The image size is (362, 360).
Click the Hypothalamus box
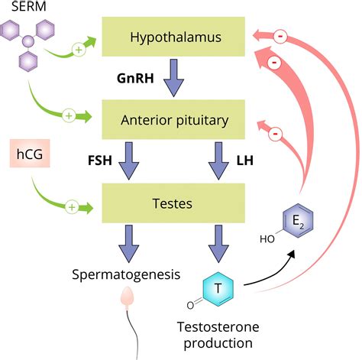click(x=173, y=37)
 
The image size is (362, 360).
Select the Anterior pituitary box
click(x=173, y=119)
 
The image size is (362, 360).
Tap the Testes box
click(x=173, y=203)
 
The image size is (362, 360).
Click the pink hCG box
click(x=30, y=154)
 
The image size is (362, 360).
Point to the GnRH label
click(x=135, y=78)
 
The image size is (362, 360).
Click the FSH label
click(x=100, y=161)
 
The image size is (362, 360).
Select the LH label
click(x=245, y=161)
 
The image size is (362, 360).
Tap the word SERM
click(x=29, y=6)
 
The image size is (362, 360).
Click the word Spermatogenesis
click(x=126, y=274)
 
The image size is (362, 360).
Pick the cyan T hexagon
click(x=218, y=289)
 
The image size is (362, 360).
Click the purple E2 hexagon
click(x=298, y=221)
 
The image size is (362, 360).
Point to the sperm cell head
click(x=127, y=297)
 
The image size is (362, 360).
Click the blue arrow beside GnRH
click(x=173, y=78)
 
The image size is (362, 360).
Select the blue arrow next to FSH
click(x=129, y=161)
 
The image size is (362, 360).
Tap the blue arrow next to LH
click(x=218, y=161)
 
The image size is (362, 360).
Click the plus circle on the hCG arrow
click(x=72, y=207)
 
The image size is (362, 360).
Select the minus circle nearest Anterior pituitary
click(x=275, y=134)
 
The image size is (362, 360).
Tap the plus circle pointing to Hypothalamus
click(x=79, y=50)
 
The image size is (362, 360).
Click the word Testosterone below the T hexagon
click(x=218, y=327)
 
